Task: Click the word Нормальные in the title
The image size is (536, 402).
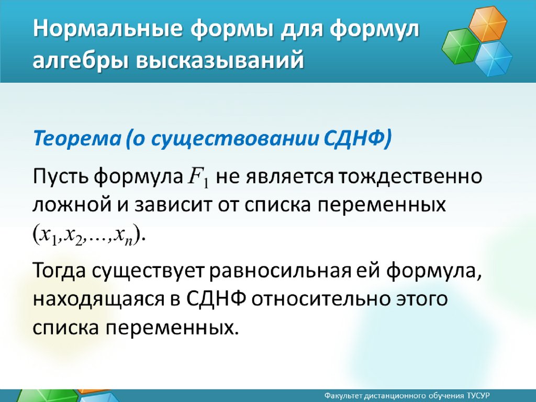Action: pos(108,29)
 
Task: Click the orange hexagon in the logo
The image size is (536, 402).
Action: pos(487,24)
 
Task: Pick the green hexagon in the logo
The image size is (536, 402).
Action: pos(461,46)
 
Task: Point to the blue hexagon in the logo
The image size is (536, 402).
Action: pos(493,59)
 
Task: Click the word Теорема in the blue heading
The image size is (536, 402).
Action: pos(77,138)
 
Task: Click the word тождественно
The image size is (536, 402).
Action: pos(410,177)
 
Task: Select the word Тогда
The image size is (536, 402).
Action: pos(59,271)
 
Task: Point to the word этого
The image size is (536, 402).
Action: pos(421,299)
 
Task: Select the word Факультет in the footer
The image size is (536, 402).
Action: pos(343,396)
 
